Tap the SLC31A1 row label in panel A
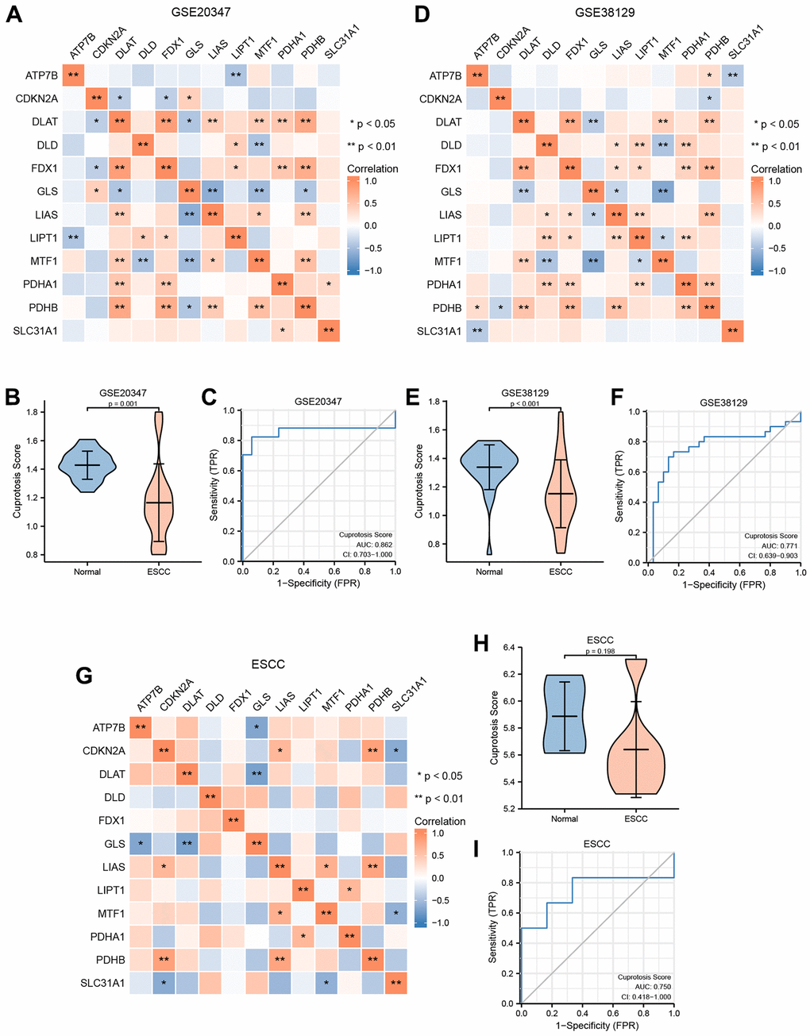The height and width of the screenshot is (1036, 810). pyautogui.click(x=37, y=330)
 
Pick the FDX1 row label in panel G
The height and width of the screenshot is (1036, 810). pyautogui.click(x=110, y=820)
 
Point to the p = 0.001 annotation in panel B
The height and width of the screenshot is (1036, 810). pyautogui.click(x=123, y=402)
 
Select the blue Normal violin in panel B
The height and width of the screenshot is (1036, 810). pyautogui.click(x=87, y=465)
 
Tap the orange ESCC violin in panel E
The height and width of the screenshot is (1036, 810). pyautogui.click(x=561, y=492)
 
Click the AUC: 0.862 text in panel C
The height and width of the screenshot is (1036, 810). pyautogui.click(x=366, y=545)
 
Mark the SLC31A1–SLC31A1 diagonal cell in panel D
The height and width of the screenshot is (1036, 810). pyautogui.click(x=731, y=330)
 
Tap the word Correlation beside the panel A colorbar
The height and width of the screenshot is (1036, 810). pyautogui.click(x=372, y=169)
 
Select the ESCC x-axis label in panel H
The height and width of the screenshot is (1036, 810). pyautogui.click(x=635, y=818)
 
